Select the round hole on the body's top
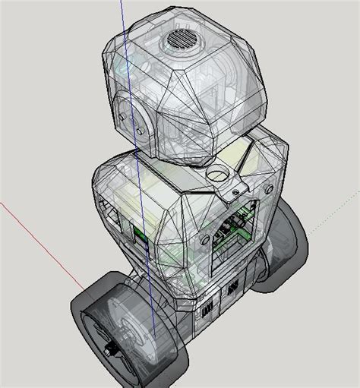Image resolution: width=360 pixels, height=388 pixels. (219, 175)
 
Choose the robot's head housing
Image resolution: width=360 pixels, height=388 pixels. (186, 84)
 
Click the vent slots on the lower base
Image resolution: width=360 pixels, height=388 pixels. (228, 292)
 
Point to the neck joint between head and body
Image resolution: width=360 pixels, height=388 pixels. (205, 156)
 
